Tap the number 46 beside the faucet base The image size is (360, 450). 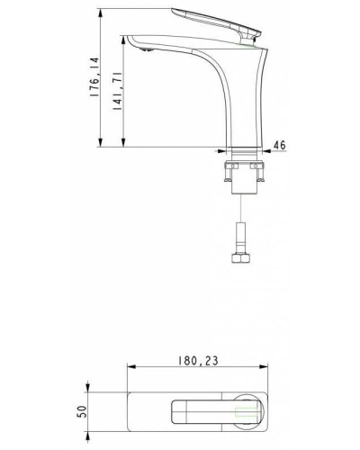tap(278, 144)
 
